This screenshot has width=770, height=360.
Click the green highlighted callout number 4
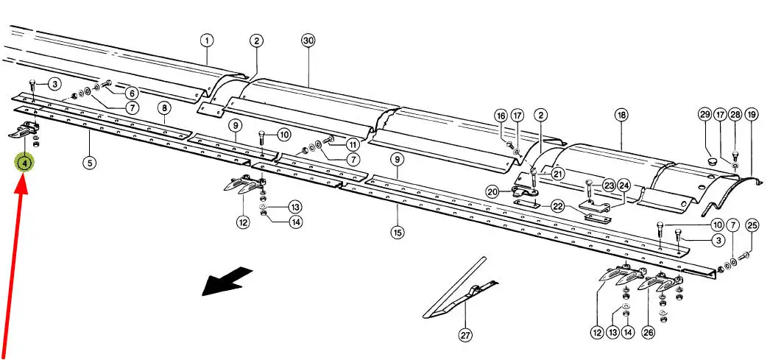tap(24, 163)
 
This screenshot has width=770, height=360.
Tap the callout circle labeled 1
tap(207, 40)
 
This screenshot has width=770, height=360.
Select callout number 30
tap(308, 40)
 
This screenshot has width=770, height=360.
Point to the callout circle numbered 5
tap(89, 162)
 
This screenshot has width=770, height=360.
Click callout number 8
tap(164, 108)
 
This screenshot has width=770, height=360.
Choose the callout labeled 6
tap(132, 93)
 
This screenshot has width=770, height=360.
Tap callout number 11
tap(353, 145)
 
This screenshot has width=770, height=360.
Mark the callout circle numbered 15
tap(398, 232)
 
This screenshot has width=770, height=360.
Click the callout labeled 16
tap(501, 116)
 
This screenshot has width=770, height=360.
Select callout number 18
tap(621, 116)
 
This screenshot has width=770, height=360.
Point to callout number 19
tap(751, 116)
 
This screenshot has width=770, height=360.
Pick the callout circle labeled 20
tap(492, 192)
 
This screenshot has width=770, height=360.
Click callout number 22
tap(557, 206)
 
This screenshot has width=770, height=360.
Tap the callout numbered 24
tap(624, 186)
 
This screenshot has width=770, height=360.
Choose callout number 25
tap(752, 226)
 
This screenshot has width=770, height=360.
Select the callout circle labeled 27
tap(465, 336)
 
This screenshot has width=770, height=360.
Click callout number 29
tap(704, 115)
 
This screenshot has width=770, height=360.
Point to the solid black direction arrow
tap(227, 282)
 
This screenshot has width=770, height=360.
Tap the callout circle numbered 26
tap(649, 333)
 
